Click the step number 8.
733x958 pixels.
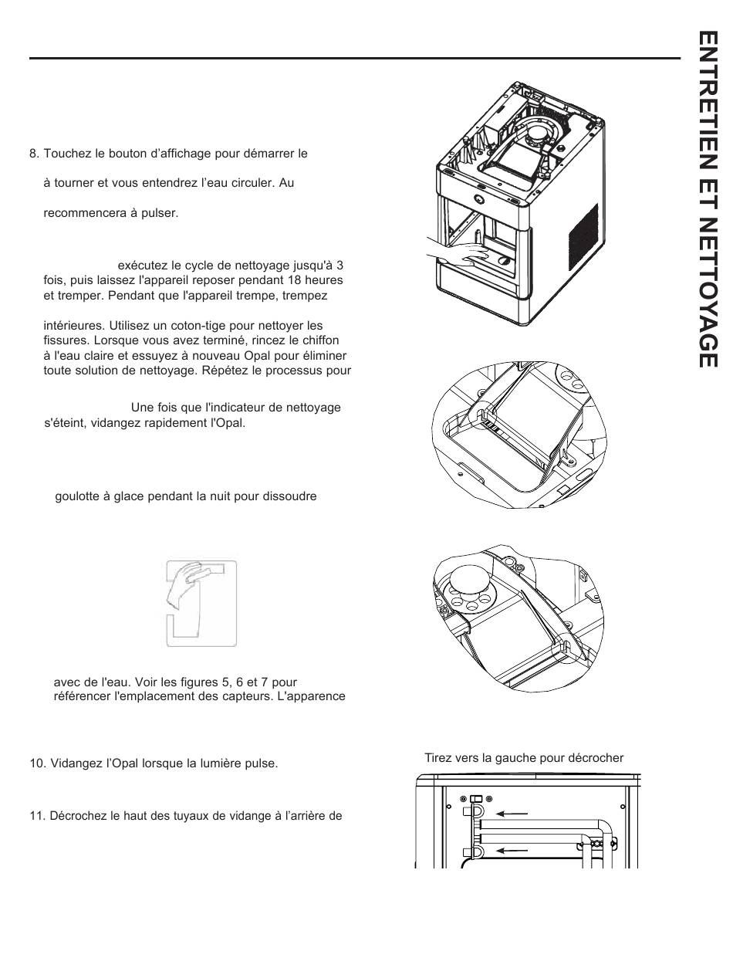33,154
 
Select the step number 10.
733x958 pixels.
36,763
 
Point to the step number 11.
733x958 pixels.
36,815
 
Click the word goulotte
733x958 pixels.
77,496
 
